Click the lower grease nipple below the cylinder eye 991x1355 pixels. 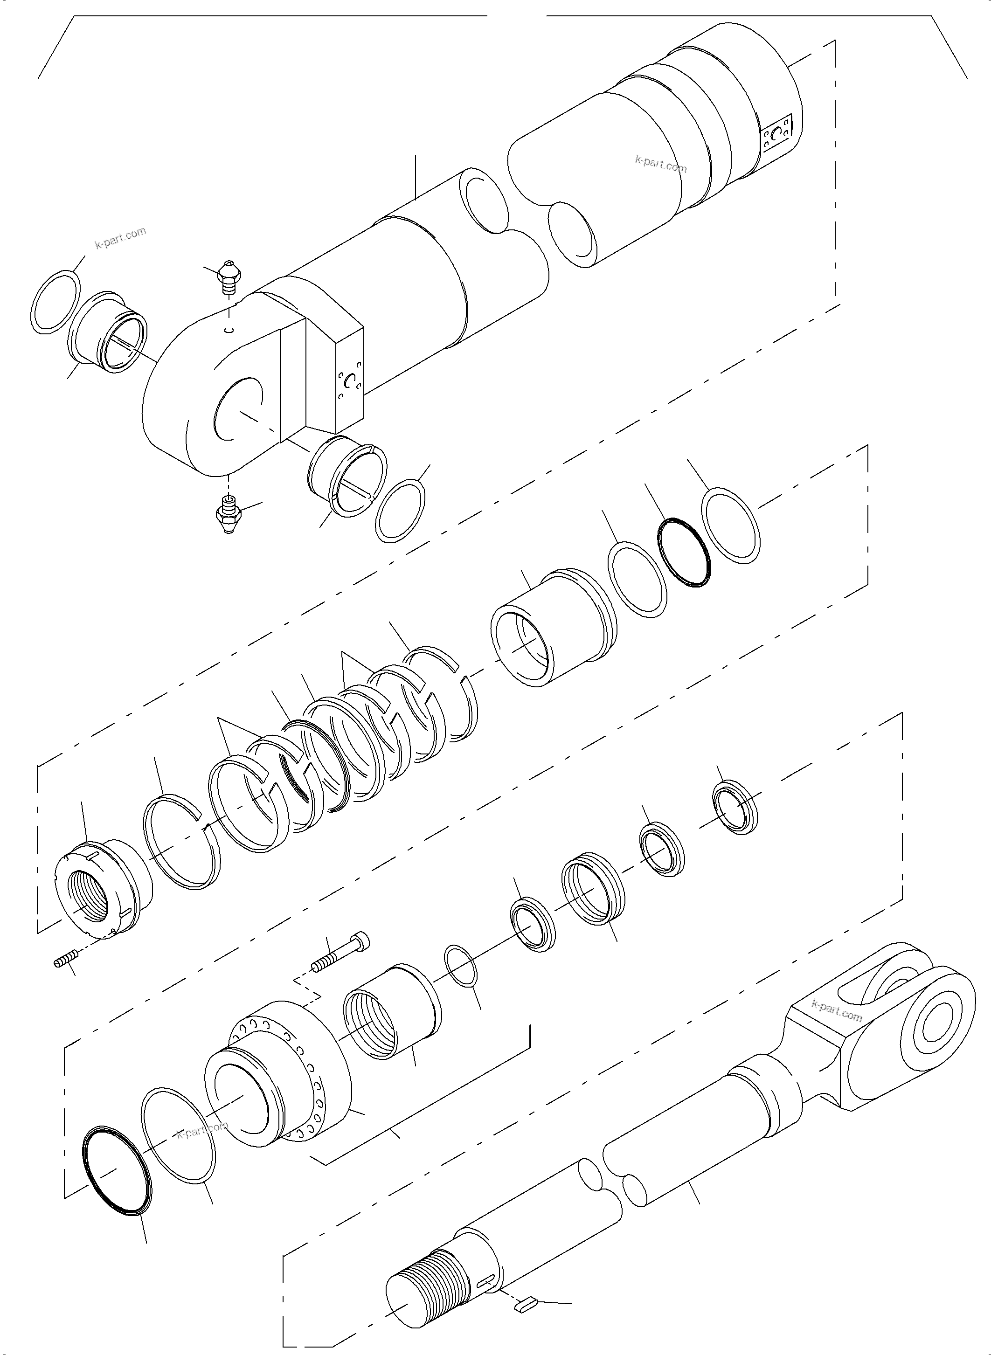[228, 515]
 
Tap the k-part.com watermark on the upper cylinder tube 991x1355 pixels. [660, 163]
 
